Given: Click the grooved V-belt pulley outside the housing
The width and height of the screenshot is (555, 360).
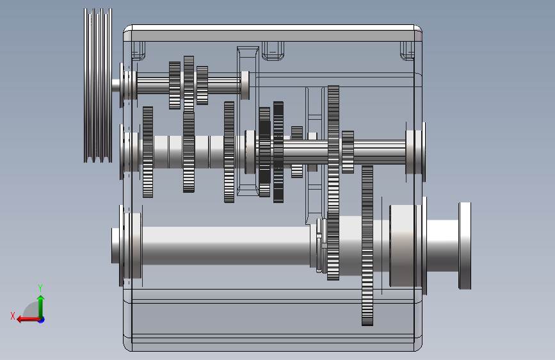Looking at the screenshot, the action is click(98, 85).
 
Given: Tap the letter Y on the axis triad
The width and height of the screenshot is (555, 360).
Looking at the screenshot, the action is click(40, 288).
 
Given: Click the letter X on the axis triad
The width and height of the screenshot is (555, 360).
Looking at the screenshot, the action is click(13, 316).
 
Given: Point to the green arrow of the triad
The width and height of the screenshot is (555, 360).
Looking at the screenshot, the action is click(41, 307).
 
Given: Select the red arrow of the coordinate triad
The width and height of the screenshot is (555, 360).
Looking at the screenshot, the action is click(28, 320).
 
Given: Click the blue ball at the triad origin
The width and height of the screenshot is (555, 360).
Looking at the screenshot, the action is click(42, 320).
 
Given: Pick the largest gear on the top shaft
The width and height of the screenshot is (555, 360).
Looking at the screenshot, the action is click(189, 84).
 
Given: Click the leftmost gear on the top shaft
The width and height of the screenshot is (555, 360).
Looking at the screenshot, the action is click(175, 85).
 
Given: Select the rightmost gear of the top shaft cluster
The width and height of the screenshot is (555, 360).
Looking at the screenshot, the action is click(202, 85).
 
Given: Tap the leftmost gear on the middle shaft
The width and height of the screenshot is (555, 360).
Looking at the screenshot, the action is click(148, 152).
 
